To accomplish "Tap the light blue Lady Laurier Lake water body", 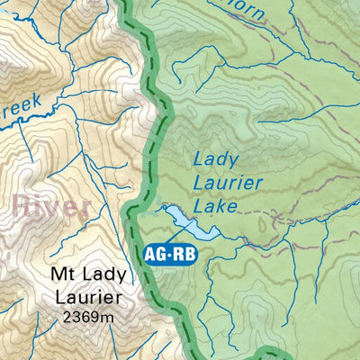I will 185,220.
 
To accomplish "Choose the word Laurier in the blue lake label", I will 229,184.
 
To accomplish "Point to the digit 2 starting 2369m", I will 68,317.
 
